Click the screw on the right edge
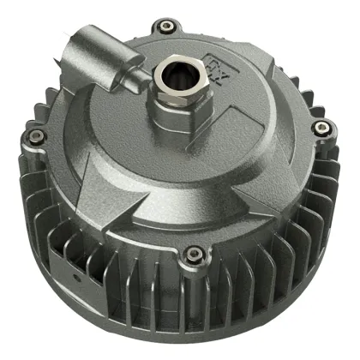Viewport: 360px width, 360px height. click(x=321, y=128)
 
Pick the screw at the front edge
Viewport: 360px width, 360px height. click(x=195, y=253)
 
